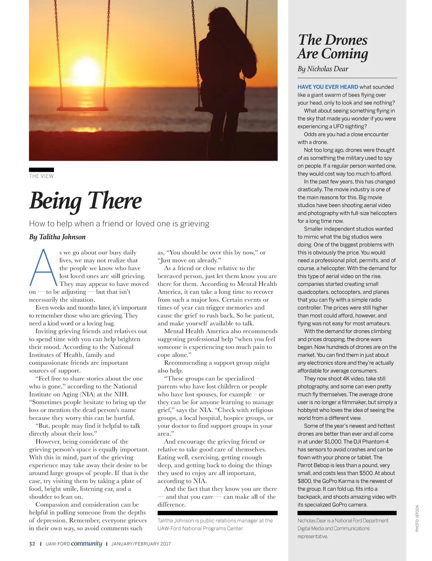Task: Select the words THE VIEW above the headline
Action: [41, 176]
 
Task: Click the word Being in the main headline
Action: [55, 201]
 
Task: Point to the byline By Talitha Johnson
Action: [57, 237]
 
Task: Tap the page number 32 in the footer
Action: [32, 544]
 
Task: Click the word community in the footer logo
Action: [86, 543]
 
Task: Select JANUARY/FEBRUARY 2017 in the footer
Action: [141, 544]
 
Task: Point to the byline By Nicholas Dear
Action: [323, 69]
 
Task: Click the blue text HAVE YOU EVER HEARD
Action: [328, 87]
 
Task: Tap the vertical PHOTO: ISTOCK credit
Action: [417, 518]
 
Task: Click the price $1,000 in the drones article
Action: [333, 442]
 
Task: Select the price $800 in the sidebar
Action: [304, 481]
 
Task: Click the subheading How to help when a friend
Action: [119, 224]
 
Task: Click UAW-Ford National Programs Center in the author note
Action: [200, 529]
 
